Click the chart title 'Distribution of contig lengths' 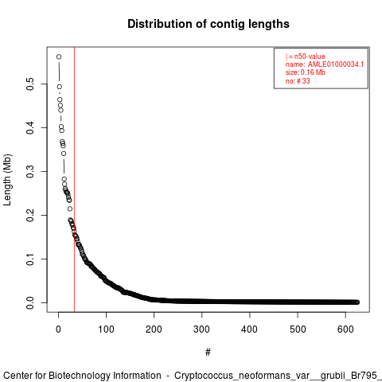coord(209,24)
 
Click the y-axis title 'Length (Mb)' coord(7,180)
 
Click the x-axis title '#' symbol coord(208,353)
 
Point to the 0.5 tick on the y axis coord(30,84)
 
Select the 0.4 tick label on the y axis coord(30,127)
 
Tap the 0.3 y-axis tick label coord(30,171)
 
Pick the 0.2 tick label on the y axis coord(30,215)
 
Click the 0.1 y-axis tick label coord(30,259)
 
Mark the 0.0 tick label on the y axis coord(30,302)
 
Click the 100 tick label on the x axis coord(106,329)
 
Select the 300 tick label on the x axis coord(201,329)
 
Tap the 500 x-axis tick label coord(298,329)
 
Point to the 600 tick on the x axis coord(345,329)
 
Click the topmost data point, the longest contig coord(59,57)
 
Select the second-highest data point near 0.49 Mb coord(60,87)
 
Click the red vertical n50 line coord(75,180)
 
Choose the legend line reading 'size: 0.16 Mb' coord(305,72)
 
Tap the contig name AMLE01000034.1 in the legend coord(336,64)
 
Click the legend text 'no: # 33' coord(298,81)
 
